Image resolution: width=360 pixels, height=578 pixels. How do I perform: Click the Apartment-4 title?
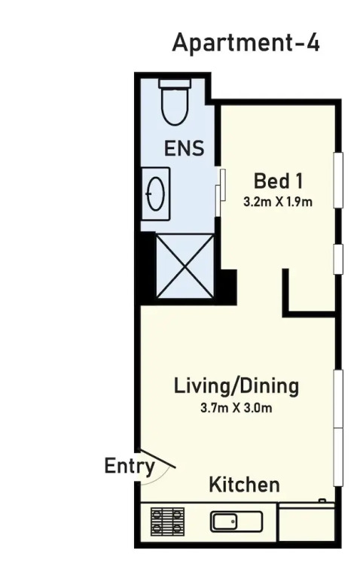246,43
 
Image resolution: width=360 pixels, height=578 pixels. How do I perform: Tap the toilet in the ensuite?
175,102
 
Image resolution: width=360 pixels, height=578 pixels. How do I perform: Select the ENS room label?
184,148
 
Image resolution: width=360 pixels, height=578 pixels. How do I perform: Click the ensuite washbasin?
156,193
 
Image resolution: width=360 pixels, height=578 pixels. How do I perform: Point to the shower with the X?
185,266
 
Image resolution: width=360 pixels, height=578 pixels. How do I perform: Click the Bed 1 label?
278,181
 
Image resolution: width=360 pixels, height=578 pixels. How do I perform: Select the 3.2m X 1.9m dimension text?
278,202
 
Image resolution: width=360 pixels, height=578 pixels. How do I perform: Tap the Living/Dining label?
236,386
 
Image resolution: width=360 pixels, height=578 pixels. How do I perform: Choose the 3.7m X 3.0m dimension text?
236,408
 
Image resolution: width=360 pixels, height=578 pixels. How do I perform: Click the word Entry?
129,467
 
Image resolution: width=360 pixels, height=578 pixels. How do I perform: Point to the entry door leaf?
157,458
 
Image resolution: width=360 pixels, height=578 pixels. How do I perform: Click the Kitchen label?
244,485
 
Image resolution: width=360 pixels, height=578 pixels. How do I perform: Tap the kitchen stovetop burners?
167,522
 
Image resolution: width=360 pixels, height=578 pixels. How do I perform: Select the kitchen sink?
236,522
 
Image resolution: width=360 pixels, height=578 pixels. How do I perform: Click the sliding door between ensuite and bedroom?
220,193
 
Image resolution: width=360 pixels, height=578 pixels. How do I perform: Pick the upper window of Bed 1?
338,181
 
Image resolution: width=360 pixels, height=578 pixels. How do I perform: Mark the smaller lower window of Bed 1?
338,259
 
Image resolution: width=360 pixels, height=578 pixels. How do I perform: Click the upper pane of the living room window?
338,399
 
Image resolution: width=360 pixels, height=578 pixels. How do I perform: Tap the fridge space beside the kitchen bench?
307,524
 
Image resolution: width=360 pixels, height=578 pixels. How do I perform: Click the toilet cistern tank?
175,84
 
